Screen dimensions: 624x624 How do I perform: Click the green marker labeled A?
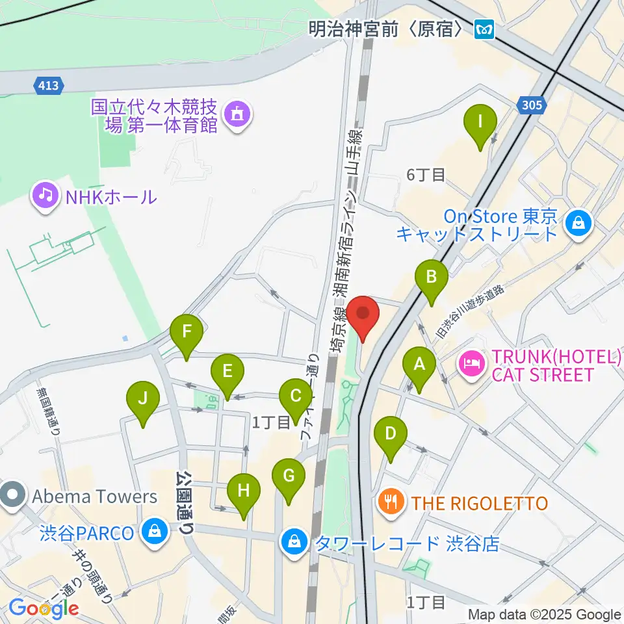(x=419, y=365)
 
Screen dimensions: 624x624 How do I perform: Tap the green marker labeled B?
(x=431, y=278)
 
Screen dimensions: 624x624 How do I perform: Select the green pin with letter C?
(x=295, y=396)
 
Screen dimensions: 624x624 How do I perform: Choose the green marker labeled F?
(x=187, y=333)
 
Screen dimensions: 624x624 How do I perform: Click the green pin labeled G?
(x=289, y=477)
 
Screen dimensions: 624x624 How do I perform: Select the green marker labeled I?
(x=480, y=122)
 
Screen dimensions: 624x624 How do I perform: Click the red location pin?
(x=363, y=315)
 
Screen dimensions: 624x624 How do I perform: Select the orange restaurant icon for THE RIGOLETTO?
(x=391, y=501)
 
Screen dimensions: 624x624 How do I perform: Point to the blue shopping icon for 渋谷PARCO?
(x=155, y=532)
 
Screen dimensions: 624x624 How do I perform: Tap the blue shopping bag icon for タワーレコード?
(x=294, y=542)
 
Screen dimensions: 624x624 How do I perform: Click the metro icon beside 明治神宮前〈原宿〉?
(x=484, y=29)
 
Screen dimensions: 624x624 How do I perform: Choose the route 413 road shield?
(x=47, y=84)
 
